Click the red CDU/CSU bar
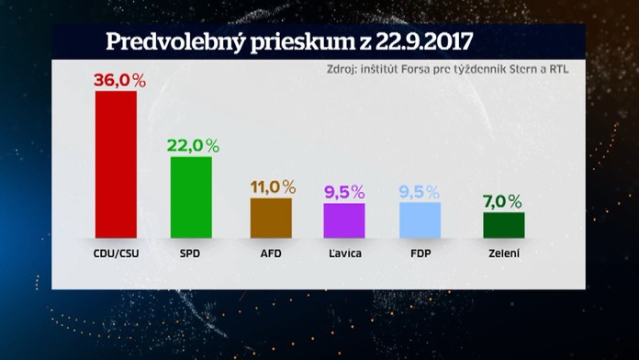[117, 163]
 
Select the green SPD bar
[191, 196]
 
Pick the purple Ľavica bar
[344, 219]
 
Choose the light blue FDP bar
[420, 219]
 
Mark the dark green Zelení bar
[503, 224]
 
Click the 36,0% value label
[120, 81]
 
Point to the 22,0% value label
[193, 146]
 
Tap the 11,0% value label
[273, 187]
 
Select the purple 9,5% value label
[344, 192]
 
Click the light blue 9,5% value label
[421, 192]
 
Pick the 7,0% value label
[502, 201]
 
